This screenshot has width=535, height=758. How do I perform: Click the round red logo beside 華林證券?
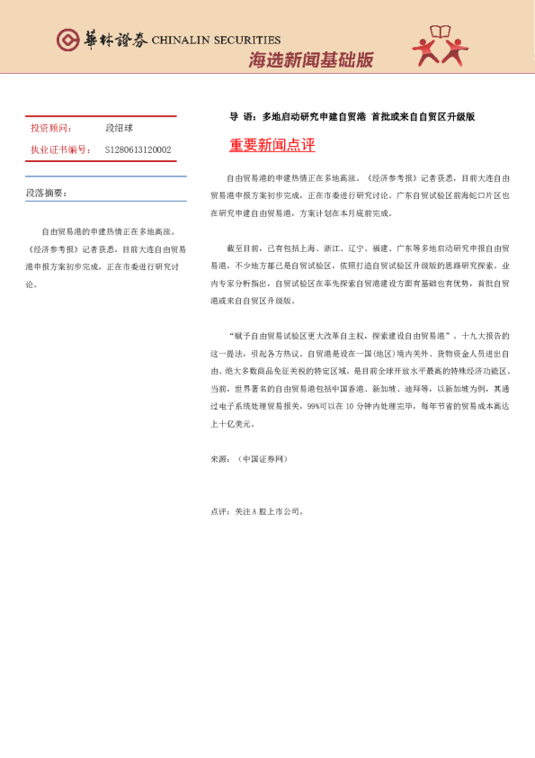[67, 40]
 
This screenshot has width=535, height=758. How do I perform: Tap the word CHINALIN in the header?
[181, 40]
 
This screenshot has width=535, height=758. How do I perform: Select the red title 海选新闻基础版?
[310, 61]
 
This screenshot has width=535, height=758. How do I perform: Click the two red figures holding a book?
[441, 48]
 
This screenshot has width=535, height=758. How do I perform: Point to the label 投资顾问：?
[51, 129]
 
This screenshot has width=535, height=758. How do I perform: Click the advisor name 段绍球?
[119, 129]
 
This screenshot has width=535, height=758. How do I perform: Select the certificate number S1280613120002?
[138, 150]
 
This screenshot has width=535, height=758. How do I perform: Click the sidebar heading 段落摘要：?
[46, 193]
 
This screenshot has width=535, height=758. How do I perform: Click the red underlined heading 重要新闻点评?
[272, 145]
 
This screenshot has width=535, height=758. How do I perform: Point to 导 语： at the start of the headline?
[242, 117]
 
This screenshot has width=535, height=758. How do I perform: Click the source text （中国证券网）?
[263, 459]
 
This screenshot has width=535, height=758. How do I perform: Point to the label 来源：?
[220, 459]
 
